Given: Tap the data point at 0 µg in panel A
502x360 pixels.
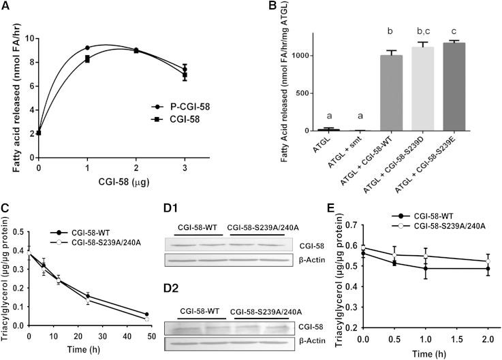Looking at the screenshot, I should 40,132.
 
